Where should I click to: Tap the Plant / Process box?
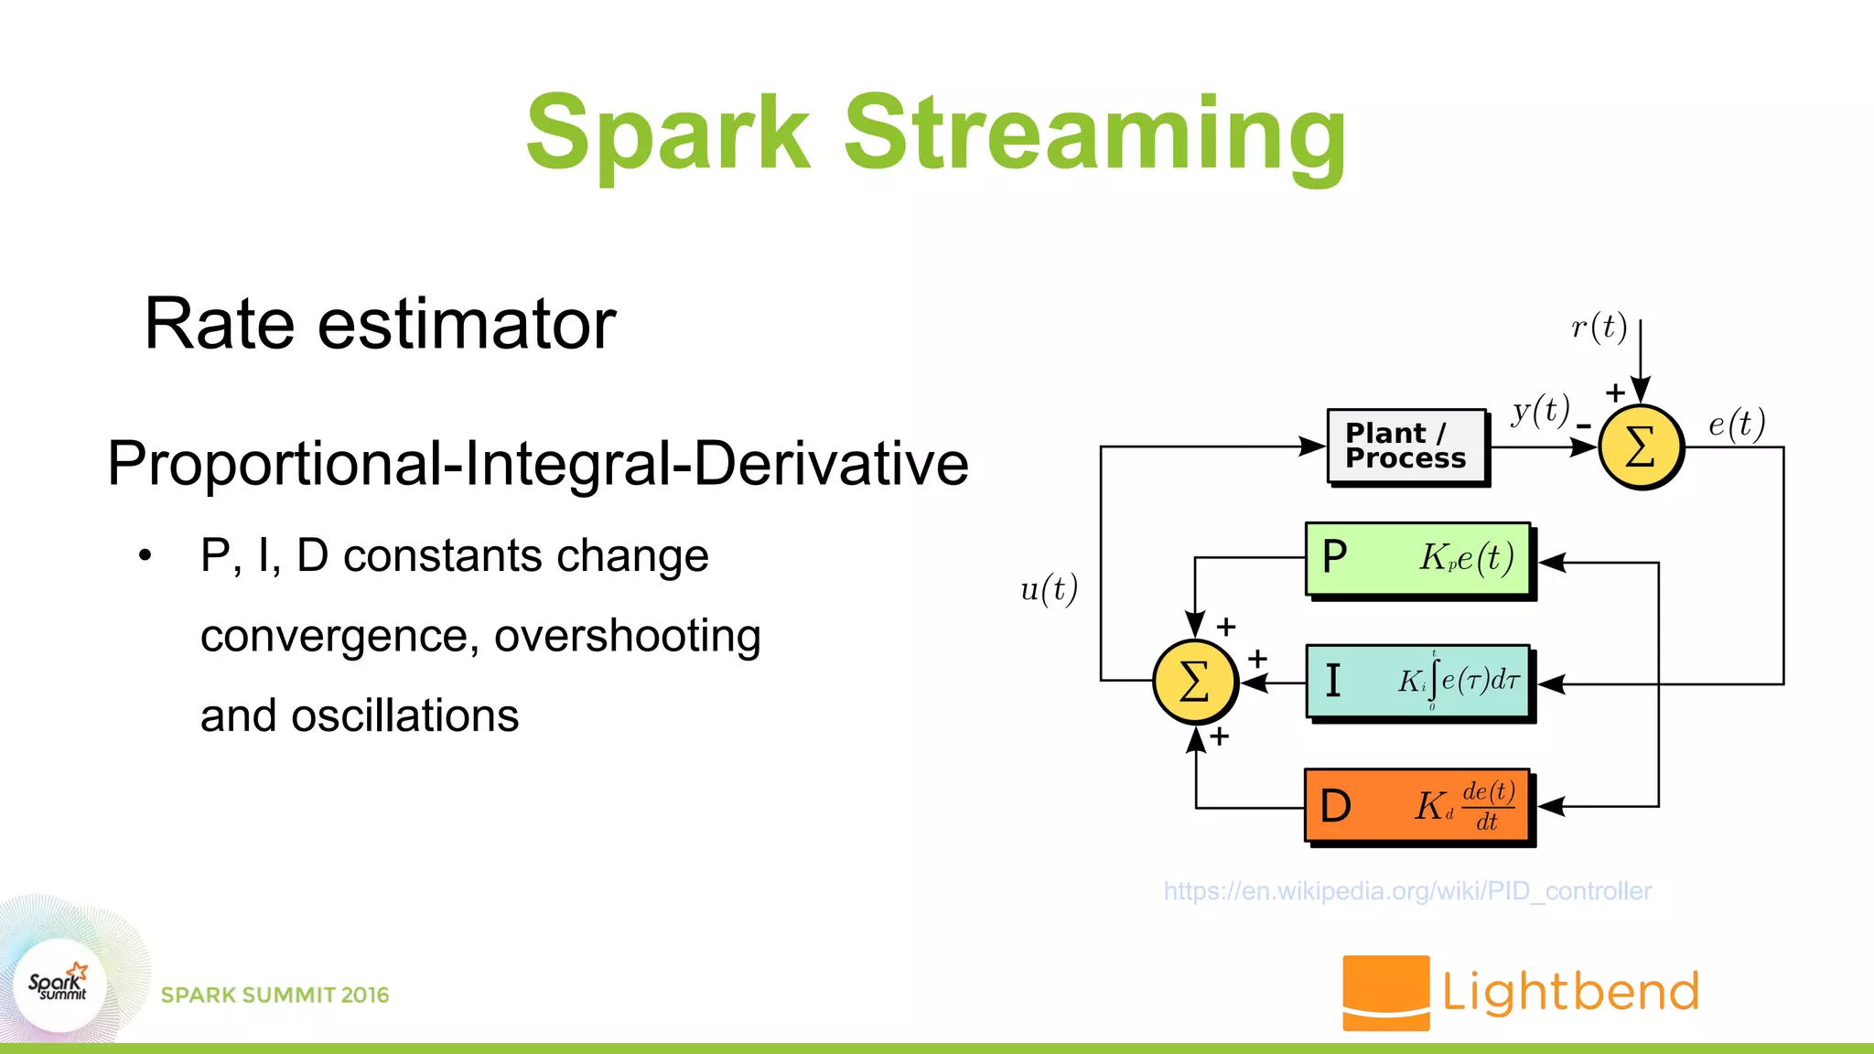[1406, 446]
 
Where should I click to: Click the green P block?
[1418, 559]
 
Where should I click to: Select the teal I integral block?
[1418, 683]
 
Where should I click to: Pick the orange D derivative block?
[1418, 806]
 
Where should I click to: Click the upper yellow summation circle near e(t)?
[1641, 447]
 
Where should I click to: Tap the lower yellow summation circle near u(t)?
[1195, 682]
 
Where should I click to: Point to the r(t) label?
[1599, 327]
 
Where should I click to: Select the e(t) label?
[1736, 424]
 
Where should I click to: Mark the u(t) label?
[1049, 588]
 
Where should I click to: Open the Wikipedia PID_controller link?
[1407, 890]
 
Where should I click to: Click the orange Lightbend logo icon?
[1385, 993]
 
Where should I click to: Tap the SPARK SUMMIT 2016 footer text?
[275, 995]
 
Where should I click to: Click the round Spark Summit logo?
[59, 984]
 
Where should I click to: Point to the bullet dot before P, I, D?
[145, 555]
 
